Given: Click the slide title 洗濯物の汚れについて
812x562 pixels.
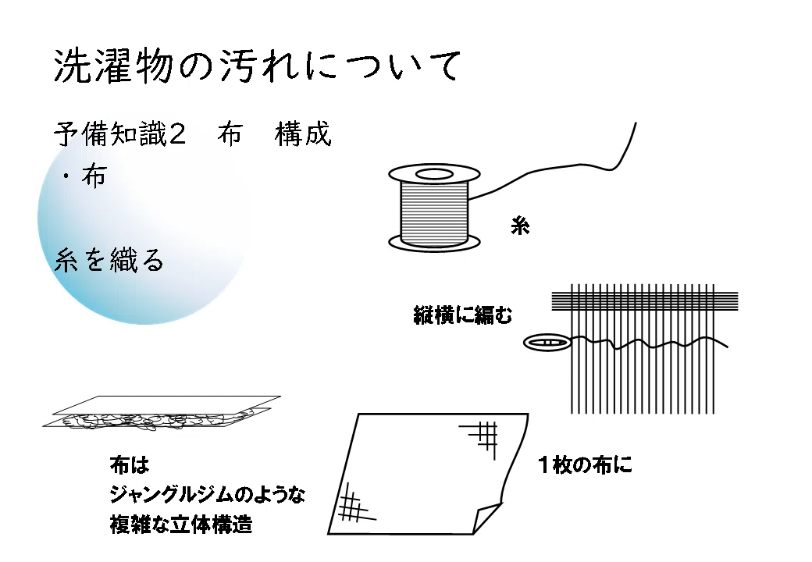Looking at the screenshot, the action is (x=257, y=66).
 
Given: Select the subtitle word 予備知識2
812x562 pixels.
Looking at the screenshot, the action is (x=119, y=134).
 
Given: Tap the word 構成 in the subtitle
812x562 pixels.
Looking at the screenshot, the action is (x=303, y=134).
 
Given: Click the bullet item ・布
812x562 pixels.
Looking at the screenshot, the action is (x=84, y=176).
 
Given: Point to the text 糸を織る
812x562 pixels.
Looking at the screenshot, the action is (x=109, y=260).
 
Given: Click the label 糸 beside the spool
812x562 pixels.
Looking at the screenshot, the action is (x=520, y=226).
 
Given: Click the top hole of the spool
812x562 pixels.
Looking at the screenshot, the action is (x=434, y=174).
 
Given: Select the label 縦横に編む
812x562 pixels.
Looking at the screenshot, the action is (x=462, y=315).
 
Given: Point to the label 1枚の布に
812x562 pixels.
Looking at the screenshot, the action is (x=585, y=464).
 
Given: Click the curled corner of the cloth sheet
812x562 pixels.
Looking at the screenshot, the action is (x=486, y=518).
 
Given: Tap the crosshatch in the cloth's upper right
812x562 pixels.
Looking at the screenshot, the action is (x=482, y=438).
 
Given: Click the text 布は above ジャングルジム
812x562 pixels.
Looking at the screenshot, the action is (x=130, y=464).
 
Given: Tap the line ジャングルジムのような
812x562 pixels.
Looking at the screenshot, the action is (x=207, y=495).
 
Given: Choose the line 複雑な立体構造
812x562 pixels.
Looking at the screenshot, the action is (x=180, y=525).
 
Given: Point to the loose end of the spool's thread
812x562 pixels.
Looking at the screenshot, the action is (x=636, y=123).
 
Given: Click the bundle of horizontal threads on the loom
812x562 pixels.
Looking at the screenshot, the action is (x=645, y=301).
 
